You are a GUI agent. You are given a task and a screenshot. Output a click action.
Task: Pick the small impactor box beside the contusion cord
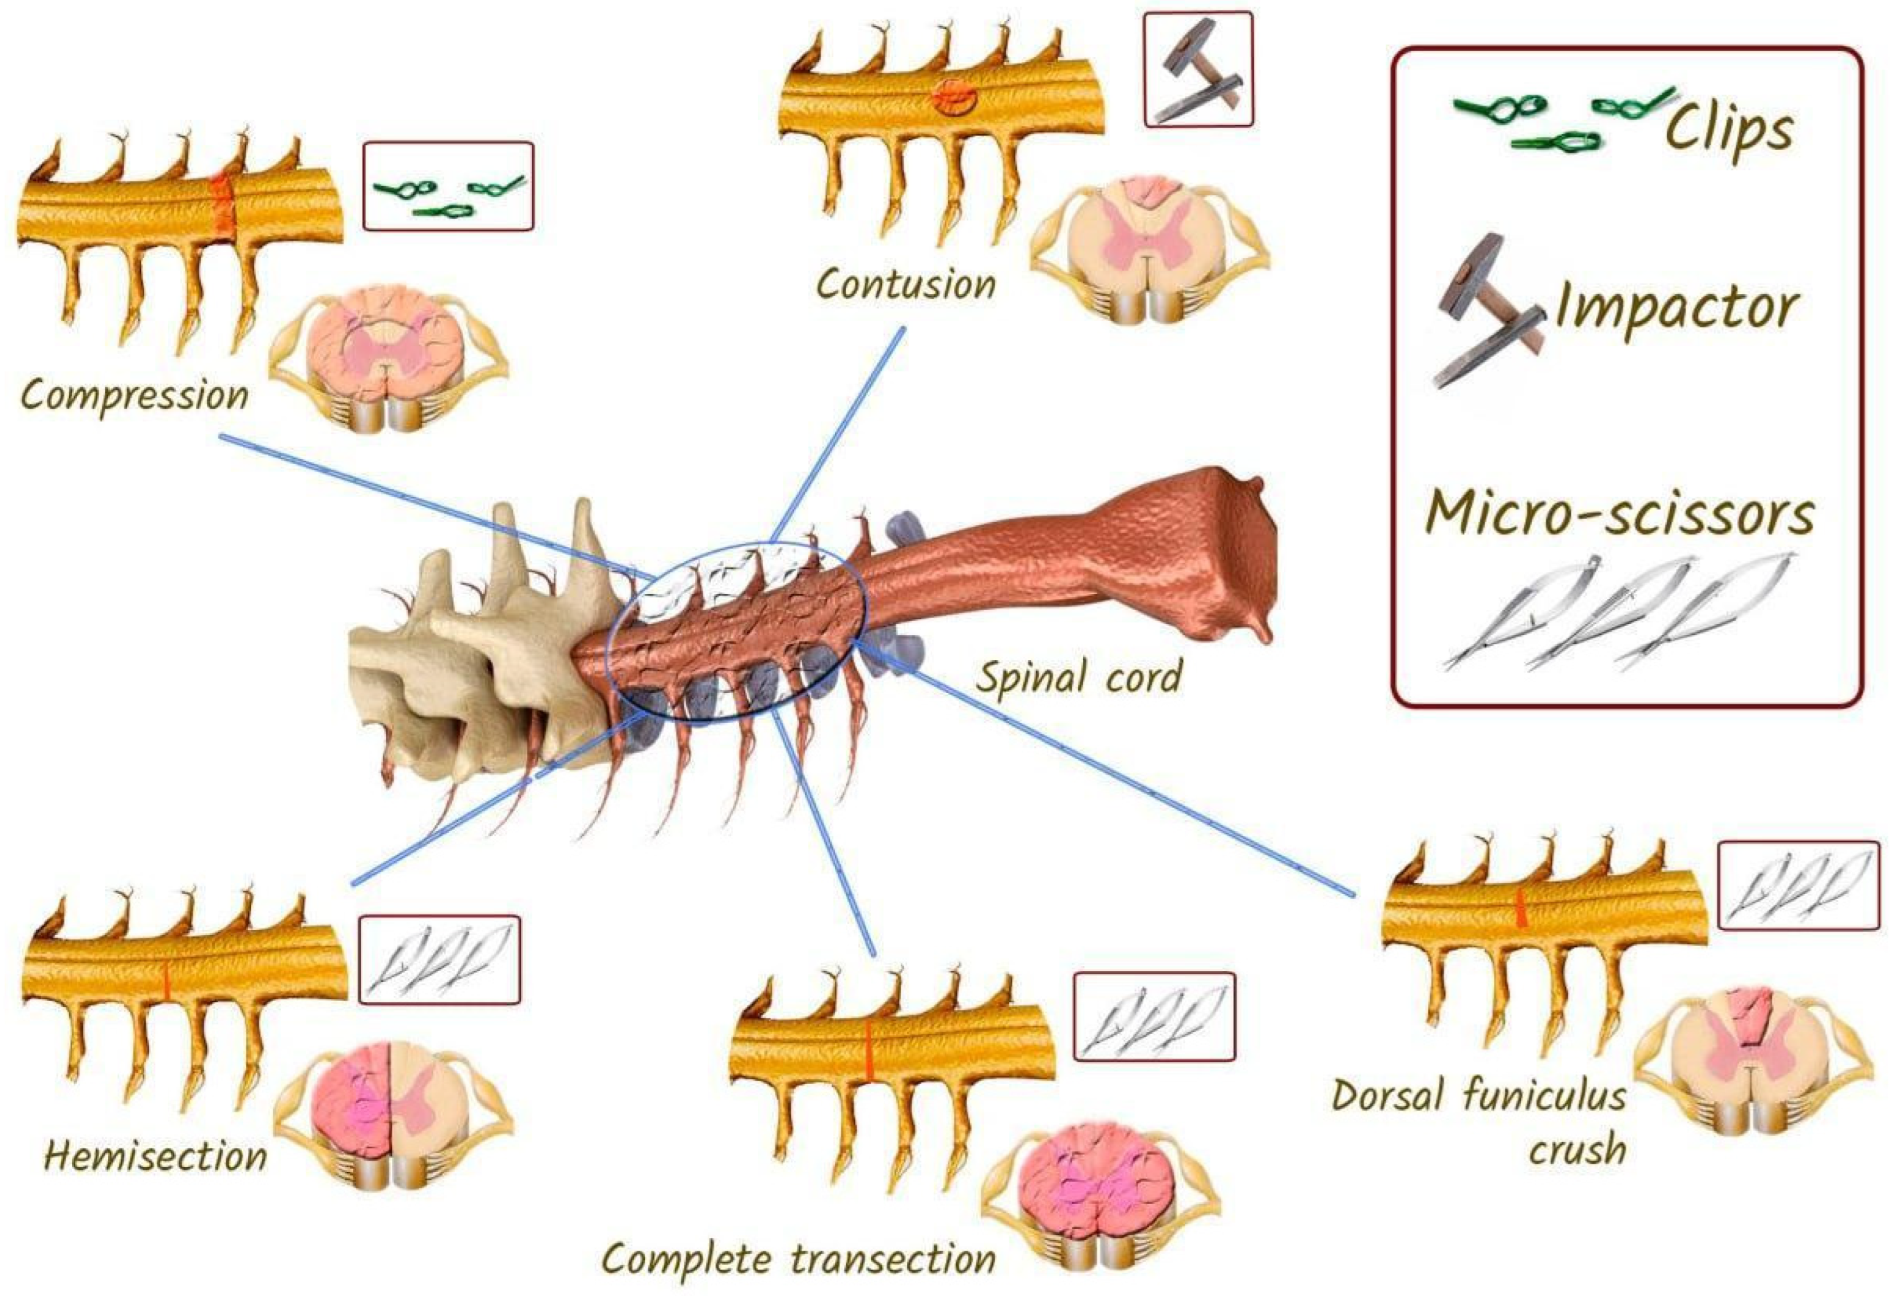(x=1197, y=69)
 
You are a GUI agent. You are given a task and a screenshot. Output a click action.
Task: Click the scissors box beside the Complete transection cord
(x=1153, y=1016)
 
